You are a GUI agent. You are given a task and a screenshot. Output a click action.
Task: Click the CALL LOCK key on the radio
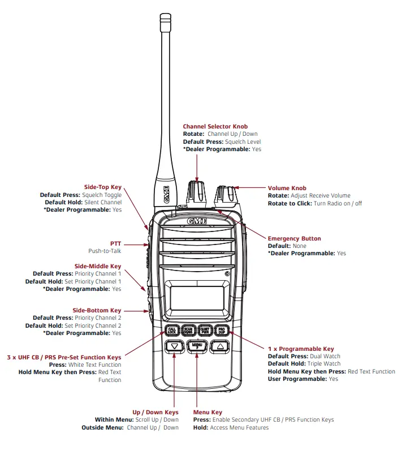(x=172, y=330)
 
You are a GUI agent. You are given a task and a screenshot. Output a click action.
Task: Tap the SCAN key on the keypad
(x=189, y=330)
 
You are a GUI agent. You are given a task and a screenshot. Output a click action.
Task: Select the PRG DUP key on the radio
(x=222, y=330)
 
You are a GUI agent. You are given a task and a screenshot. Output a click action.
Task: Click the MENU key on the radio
(x=197, y=346)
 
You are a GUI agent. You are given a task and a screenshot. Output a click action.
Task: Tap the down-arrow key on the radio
(x=174, y=346)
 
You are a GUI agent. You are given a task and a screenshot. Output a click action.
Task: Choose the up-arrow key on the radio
(x=219, y=346)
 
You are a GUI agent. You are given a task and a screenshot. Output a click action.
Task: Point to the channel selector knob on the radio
(x=197, y=194)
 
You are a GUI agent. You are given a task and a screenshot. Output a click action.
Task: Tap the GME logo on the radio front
(x=197, y=218)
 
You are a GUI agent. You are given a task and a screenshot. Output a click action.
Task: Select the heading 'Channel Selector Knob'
(x=215, y=127)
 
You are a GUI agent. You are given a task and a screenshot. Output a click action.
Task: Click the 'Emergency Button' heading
(x=294, y=239)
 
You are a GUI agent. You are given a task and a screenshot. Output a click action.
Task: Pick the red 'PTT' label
(x=115, y=243)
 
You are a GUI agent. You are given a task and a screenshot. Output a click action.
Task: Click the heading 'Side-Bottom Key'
(x=97, y=311)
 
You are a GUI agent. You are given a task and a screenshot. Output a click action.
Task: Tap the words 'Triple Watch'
(x=324, y=364)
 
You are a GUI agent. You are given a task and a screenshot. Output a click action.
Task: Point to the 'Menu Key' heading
(x=208, y=413)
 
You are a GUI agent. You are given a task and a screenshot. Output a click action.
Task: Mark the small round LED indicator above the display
(x=226, y=274)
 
